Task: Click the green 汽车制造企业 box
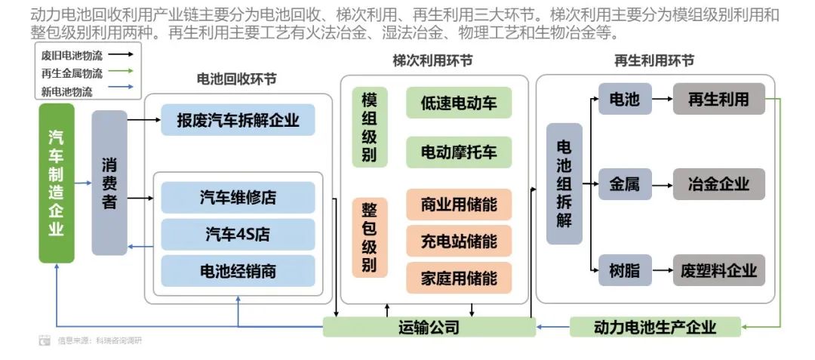(57, 183)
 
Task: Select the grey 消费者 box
(109, 183)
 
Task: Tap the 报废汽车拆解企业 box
(238, 120)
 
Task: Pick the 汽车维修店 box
(238, 198)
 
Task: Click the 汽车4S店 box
(238, 235)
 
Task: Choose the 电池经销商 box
(238, 271)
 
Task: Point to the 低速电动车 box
(459, 103)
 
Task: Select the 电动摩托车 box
(459, 152)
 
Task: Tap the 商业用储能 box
(459, 205)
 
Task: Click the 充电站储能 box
(459, 242)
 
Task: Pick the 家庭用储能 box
(459, 278)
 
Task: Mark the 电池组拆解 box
(564, 183)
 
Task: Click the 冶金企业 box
(718, 184)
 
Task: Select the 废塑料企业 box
(718, 270)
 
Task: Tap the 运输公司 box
(429, 328)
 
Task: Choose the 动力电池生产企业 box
(654, 328)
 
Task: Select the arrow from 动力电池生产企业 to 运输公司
(552, 328)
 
